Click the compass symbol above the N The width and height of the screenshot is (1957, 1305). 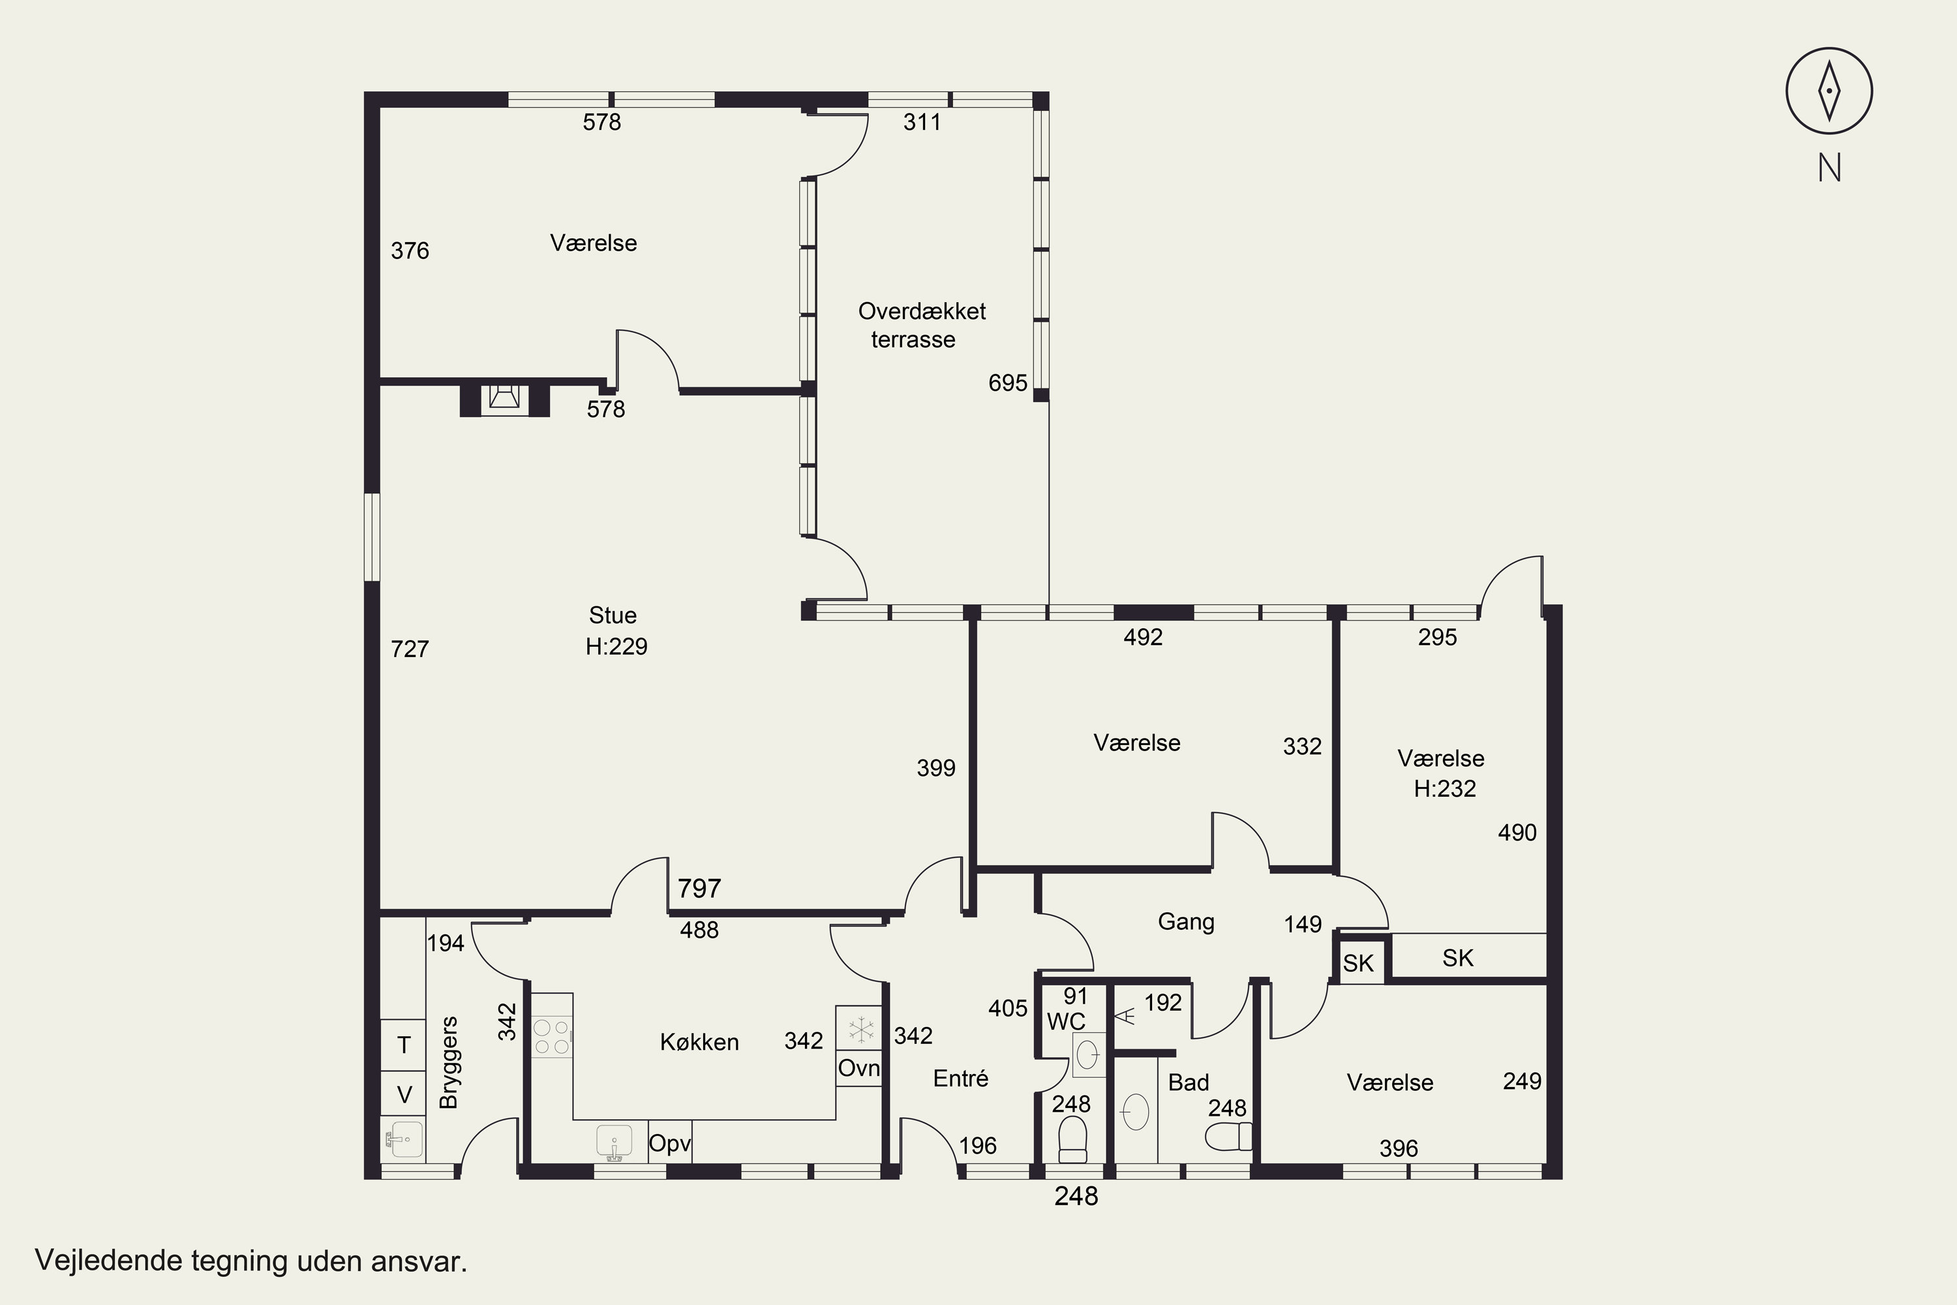pos(1829,91)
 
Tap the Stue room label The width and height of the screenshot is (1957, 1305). pos(613,615)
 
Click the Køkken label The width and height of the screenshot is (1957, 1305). pos(699,1042)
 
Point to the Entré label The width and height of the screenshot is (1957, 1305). pos(960,1078)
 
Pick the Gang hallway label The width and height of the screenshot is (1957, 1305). pos(1186,922)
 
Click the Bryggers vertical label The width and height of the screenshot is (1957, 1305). pos(449,1062)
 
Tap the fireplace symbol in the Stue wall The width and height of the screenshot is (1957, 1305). pos(504,399)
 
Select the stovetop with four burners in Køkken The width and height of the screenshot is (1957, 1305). pos(552,1037)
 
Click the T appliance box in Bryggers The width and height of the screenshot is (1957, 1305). pos(404,1045)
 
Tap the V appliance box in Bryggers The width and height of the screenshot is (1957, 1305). pos(404,1094)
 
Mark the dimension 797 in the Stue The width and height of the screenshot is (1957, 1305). pos(699,888)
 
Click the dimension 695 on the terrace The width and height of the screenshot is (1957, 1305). pos(1008,383)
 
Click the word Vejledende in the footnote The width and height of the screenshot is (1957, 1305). pos(109,1261)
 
